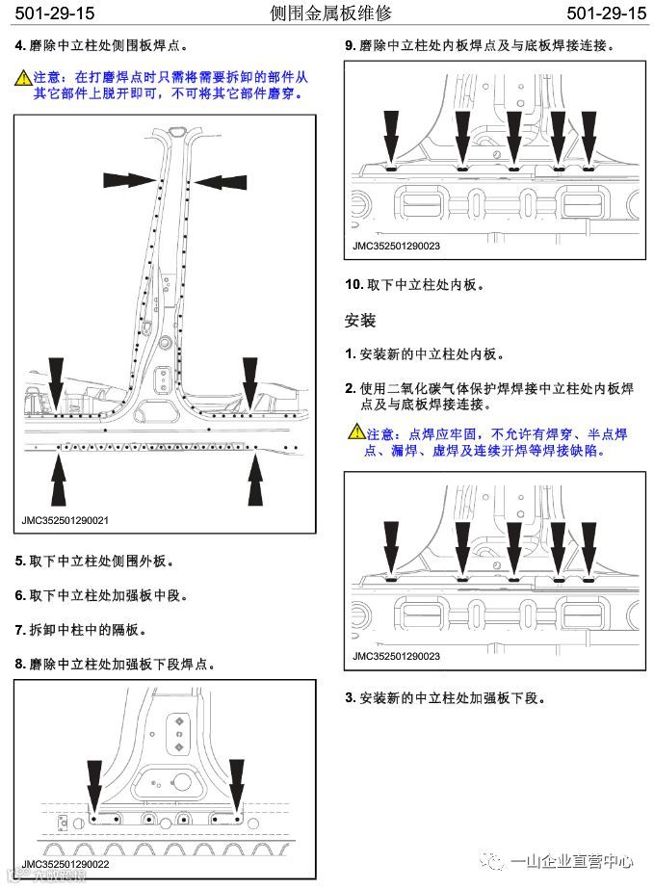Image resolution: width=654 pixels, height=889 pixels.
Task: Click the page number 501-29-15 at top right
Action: pos(606,13)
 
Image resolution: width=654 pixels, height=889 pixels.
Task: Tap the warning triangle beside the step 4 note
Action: pos(23,76)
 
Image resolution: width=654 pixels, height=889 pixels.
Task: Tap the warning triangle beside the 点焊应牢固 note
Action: pos(355,434)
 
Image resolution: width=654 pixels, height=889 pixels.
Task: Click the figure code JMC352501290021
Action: pos(65,520)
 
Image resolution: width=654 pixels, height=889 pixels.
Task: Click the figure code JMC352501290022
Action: pos(65,863)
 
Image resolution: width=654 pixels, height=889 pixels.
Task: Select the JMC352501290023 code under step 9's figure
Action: pos(396,246)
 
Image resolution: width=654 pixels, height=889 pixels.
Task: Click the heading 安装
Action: pos(359,320)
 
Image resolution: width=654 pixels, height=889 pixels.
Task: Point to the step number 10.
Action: pos(353,285)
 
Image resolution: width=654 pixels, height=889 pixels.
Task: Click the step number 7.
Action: pos(19,630)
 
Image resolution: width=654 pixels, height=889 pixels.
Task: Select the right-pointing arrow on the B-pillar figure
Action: pos(129,179)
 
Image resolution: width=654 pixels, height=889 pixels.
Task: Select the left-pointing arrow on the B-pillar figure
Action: pos(221,179)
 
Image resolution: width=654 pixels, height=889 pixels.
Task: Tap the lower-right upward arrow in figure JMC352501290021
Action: pos(255,479)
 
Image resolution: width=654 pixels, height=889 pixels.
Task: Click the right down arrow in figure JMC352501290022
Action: pos(238,785)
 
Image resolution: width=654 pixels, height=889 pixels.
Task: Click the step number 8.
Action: pos(19,665)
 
